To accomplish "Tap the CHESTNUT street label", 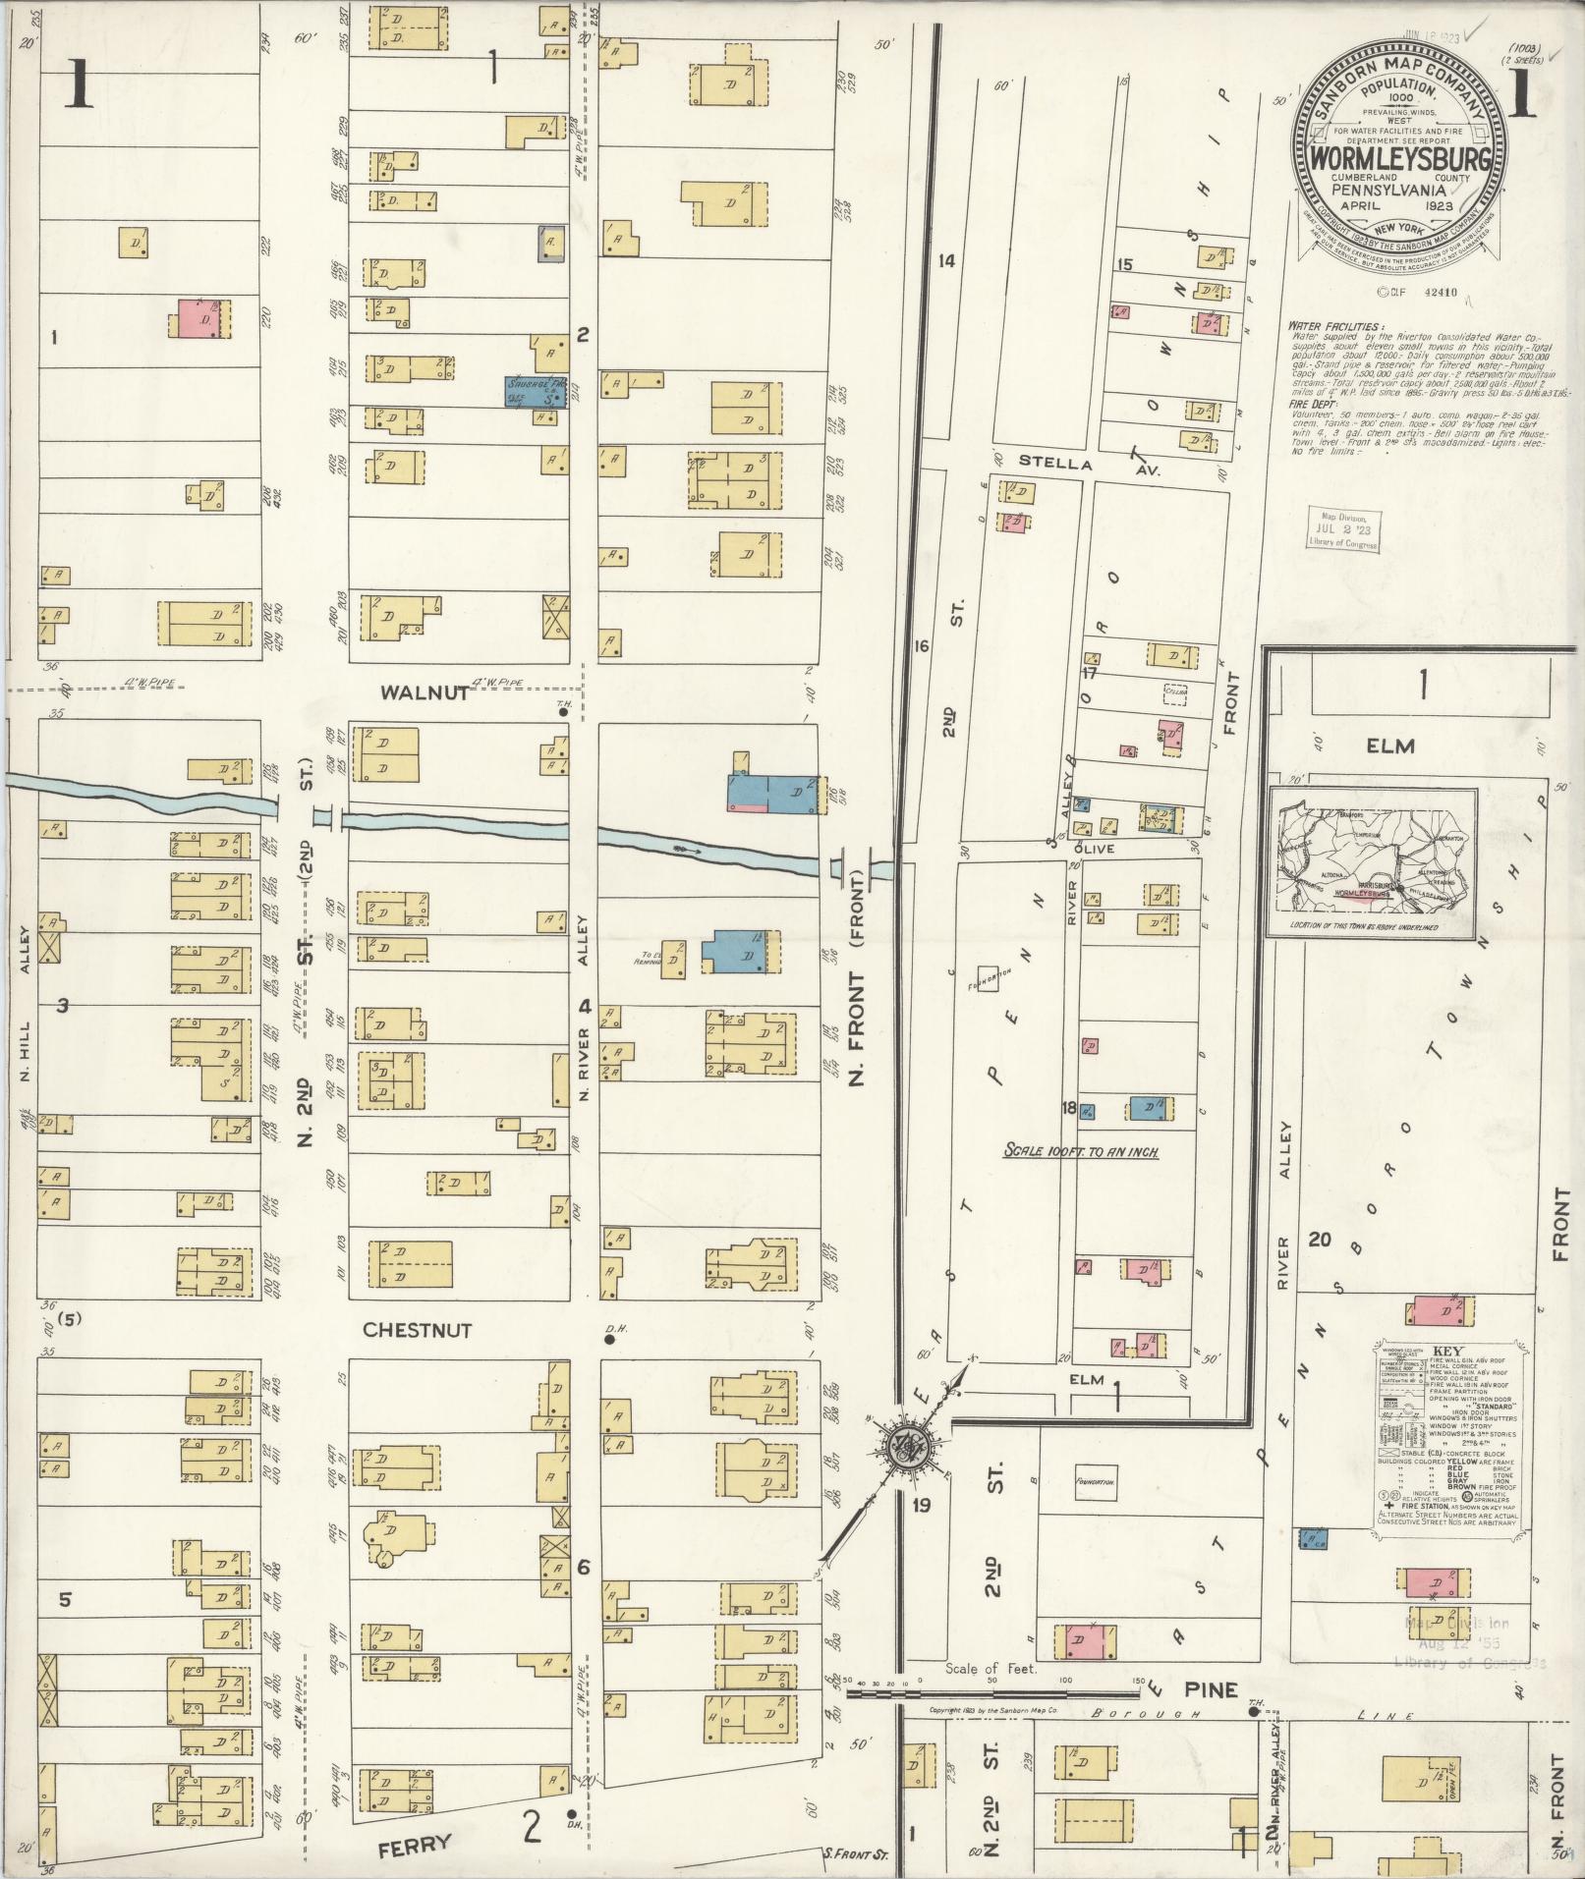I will [418, 1330].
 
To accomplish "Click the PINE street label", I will [1211, 1690].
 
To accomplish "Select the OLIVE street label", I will [1094, 850].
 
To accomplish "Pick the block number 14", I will [946, 261].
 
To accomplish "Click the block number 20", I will [1319, 1240].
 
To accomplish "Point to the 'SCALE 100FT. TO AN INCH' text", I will [1081, 1150].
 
